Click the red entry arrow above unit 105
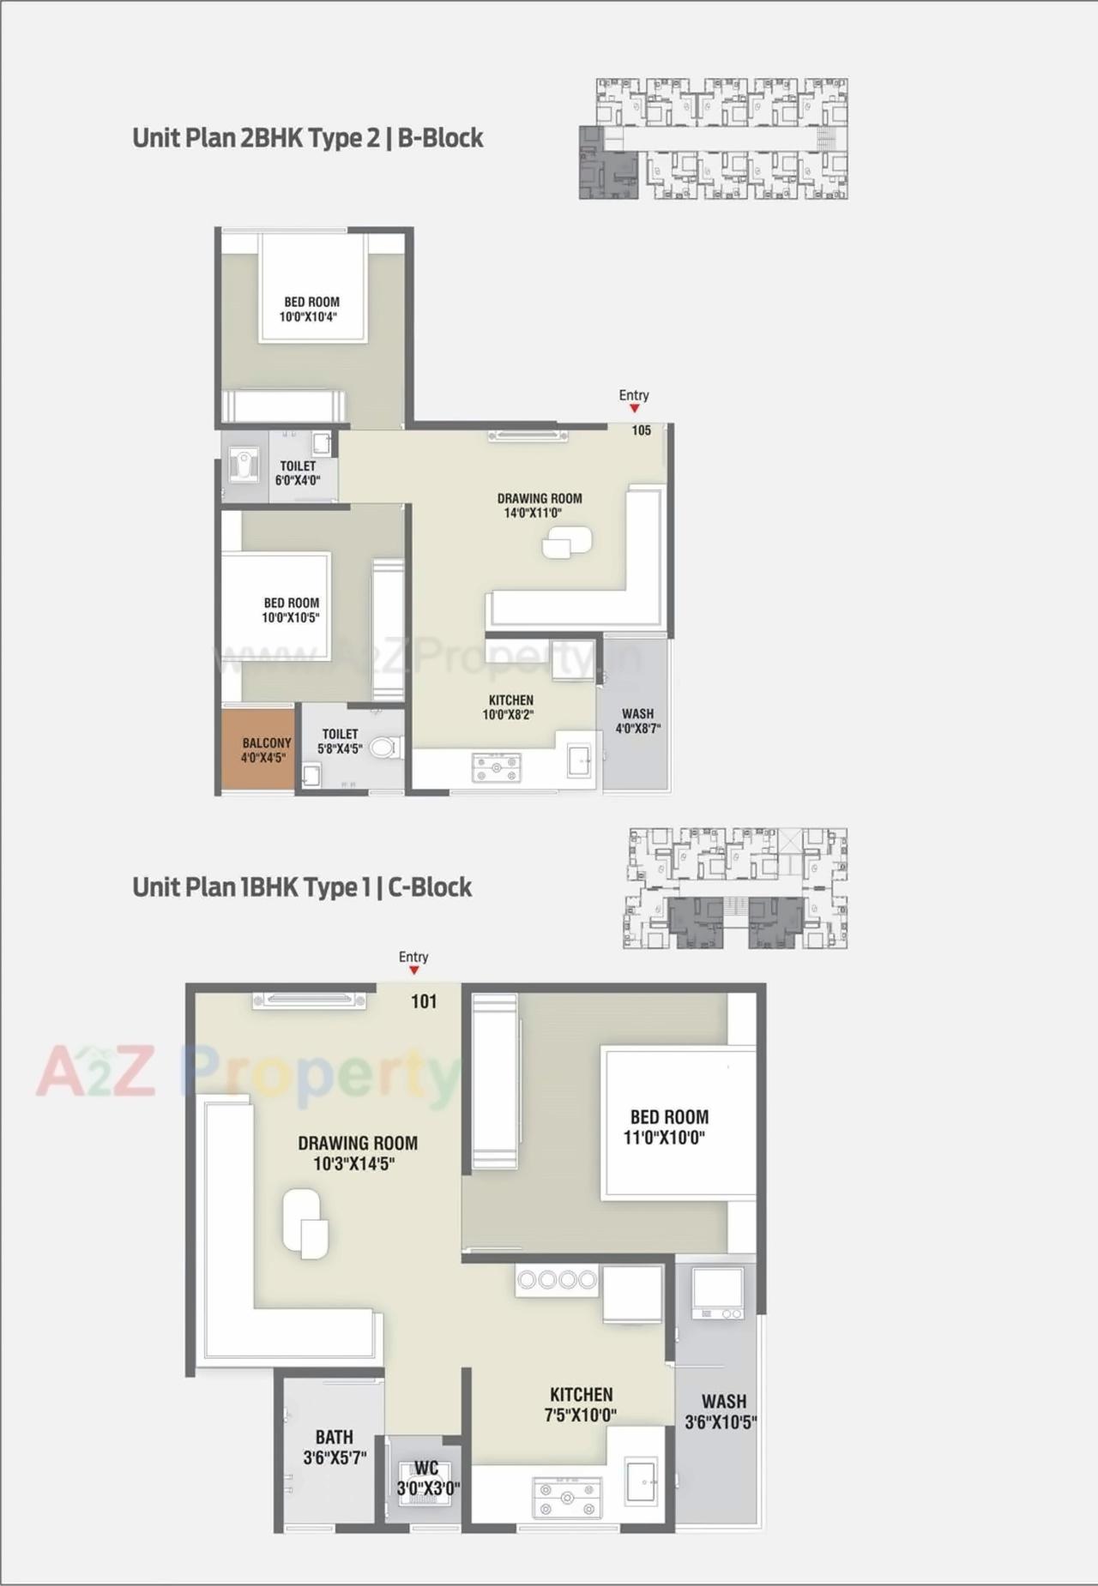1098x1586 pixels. [x=634, y=409]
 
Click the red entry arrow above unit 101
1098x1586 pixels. [x=413, y=970]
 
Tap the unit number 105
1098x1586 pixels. [x=641, y=430]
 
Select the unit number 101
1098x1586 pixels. [x=424, y=1001]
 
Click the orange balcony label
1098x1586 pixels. [x=266, y=750]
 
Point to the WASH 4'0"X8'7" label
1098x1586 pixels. [x=637, y=721]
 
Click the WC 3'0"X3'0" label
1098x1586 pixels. [x=427, y=1479]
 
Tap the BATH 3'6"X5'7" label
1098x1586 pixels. [x=334, y=1446]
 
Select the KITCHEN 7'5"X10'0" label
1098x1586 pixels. [x=581, y=1404]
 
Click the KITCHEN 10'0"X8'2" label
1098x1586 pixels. [x=510, y=707]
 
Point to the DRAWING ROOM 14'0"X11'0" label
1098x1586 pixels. [x=539, y=505]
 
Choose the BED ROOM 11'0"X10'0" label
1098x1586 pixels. [x=668, y=1126]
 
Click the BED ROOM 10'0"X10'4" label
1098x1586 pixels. [x=311, y=309]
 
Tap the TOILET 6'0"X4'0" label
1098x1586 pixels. [x=298, y=473]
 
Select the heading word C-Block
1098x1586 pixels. [x=430, y=887]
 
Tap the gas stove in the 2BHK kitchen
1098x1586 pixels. [x=497, y=767]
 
